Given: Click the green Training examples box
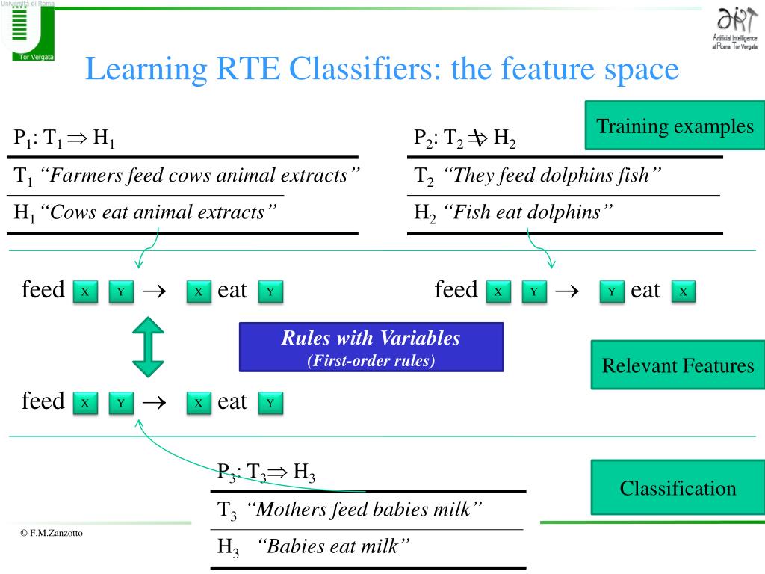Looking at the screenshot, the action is pos(675,126).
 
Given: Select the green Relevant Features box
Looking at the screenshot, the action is pos(678,365).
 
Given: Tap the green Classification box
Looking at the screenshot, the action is pos(678,487).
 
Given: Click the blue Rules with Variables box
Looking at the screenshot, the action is pos(371,347).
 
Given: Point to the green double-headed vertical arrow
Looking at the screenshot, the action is pos(149,347).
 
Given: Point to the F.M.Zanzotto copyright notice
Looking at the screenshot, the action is pos(52,533).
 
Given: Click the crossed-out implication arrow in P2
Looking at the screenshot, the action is pos(477,138).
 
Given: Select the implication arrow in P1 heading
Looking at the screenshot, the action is pos(77,138).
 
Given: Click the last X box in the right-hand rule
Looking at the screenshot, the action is pos(683,292).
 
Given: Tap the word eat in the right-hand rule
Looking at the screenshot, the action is pos(645,291).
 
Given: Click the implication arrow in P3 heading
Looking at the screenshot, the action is pos(278,472).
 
